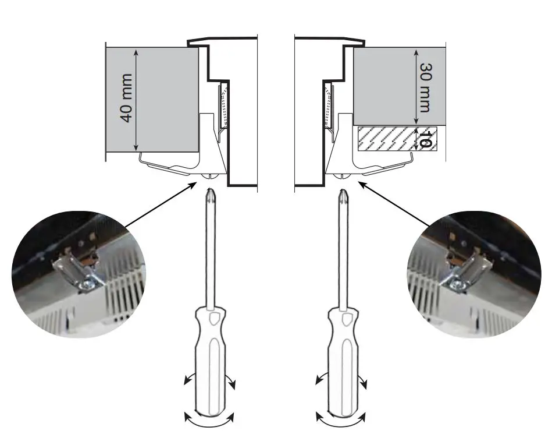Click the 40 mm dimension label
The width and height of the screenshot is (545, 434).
127,97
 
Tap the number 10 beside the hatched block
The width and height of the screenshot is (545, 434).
425,140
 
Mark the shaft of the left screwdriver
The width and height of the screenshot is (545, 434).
209,250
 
